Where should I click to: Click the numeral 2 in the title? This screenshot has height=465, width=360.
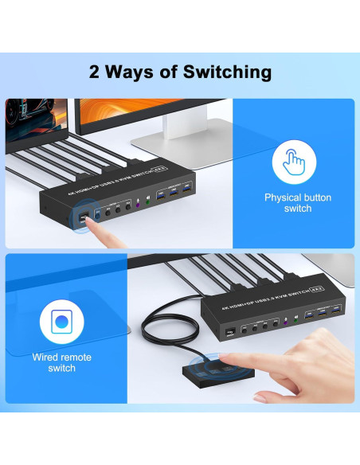[x=93, y=72]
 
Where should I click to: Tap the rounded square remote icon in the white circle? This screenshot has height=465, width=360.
[x=61, y=323]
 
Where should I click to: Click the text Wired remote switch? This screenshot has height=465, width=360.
[x=61, y=362]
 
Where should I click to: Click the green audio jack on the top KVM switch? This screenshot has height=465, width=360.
[x=148, y=202]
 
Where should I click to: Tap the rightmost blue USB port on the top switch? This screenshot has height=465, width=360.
[x=186, y=188]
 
